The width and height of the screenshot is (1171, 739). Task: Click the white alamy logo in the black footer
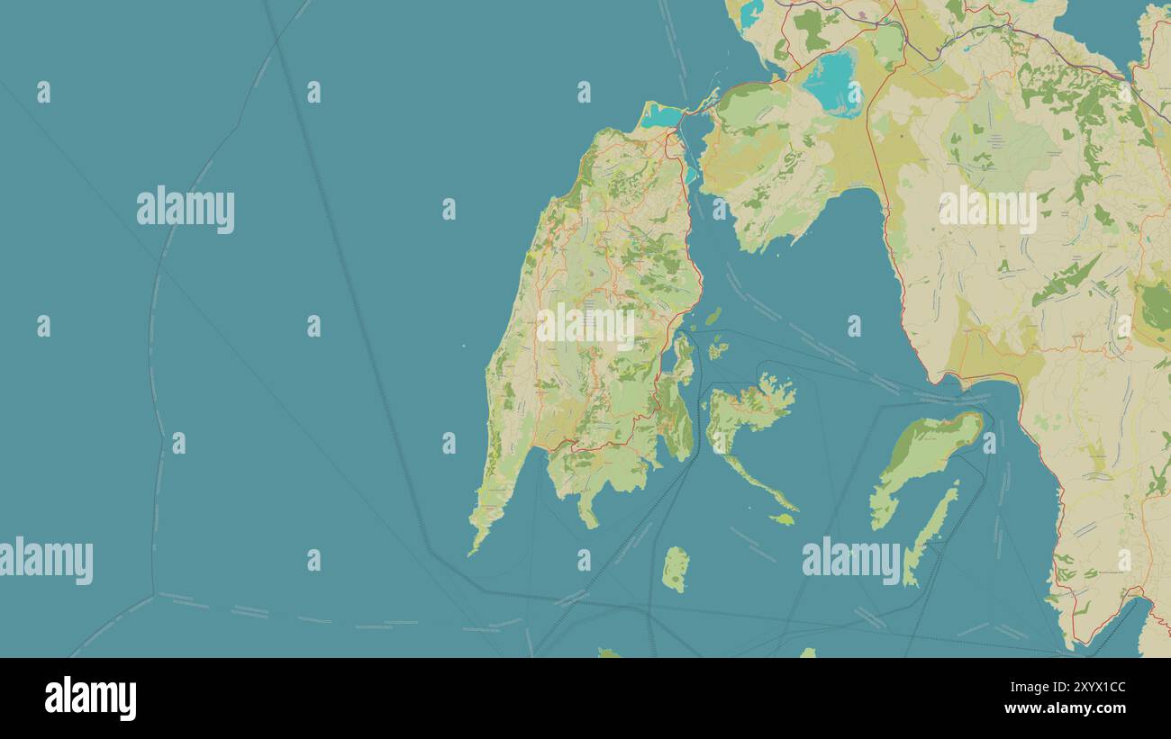90,698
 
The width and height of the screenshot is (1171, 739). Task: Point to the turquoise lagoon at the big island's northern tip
662,116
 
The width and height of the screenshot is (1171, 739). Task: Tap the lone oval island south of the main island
675,569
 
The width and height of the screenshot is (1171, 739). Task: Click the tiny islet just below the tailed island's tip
783,518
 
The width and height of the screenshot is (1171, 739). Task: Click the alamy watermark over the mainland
987,210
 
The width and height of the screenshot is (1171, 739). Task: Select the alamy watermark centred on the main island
585,326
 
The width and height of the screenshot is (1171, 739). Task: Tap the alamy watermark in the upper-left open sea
186,210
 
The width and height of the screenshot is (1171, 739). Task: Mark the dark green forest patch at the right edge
1154,307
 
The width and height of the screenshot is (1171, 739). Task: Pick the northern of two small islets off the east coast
713,317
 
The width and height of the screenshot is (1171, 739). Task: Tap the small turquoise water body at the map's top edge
750,11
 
